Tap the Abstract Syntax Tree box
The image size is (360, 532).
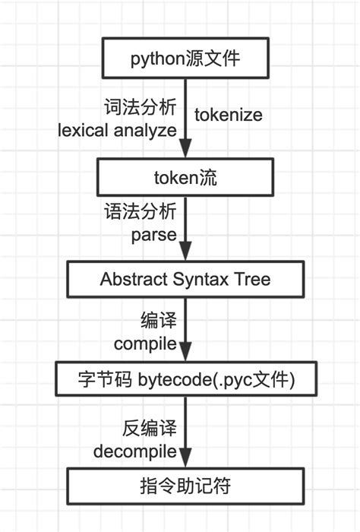(185, 279)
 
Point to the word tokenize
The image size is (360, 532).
(229, 116)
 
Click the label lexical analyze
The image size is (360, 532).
(118, 130)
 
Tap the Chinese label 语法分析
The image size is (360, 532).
(140, 211)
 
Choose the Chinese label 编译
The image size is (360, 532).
(159, 318)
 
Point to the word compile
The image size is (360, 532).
(145, 343)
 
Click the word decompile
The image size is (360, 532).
(135, 452)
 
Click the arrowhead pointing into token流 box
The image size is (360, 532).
(185, 154)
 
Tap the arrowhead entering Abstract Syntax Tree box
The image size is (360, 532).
(185, 254)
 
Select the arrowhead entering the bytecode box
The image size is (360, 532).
(185, 354)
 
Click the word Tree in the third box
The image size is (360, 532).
(254, 279)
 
